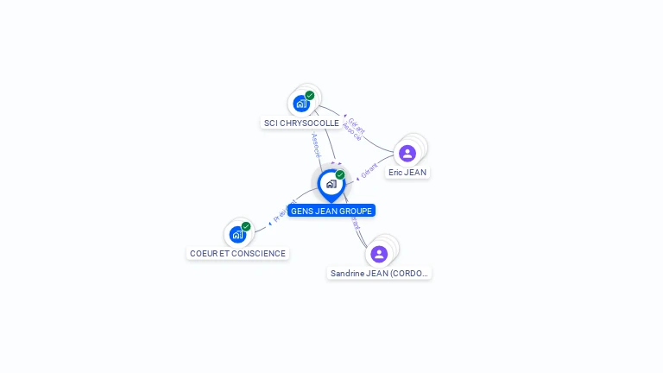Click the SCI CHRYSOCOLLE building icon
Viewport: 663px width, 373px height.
click(300, 104)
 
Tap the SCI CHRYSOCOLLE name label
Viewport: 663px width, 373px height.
click(301, 123)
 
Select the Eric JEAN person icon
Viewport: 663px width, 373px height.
click(407, 154)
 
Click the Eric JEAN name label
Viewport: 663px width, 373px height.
click(407, 173)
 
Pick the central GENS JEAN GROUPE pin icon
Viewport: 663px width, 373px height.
click(331, 184)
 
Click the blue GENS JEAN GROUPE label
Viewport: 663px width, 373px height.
click(331, 211)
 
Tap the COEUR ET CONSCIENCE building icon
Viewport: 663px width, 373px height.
click(237, 234)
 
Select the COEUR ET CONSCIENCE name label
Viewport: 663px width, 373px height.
click(237, 254)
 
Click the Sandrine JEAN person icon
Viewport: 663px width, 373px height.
click(379, 254)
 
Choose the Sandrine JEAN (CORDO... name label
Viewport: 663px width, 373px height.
click(380, 274)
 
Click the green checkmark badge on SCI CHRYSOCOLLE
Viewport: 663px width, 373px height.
click(310, 96)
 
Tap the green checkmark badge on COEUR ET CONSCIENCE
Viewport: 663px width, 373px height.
click(246, 226)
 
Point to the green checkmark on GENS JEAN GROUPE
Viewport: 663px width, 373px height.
click(340, 175)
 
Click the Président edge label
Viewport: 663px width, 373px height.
click(286, 212)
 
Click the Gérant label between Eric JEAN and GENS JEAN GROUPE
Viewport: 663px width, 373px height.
click(369, 171)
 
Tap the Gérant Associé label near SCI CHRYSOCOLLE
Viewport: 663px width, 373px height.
click(353, 129)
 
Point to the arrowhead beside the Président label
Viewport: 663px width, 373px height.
click(270, 223)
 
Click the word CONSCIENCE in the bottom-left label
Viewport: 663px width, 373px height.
click(257, 254)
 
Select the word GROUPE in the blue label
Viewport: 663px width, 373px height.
click(355, 211)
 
